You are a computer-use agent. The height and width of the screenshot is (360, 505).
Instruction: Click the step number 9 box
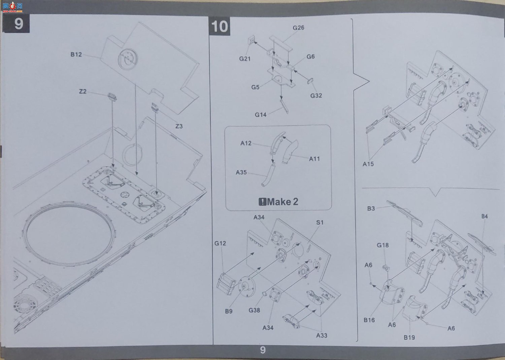pyautogui.click(x=16, y=24)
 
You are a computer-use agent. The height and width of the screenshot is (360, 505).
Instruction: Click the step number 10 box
pyautogui.click(x=220, y=26)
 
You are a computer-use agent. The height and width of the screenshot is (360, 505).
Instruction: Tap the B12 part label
pyautogui.click(x=76, y=55)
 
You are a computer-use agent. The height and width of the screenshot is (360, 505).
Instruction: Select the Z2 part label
pyautogui.click(x=83, y=91)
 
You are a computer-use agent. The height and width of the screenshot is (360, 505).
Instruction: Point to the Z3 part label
pyautogui.click(x=179, y=126)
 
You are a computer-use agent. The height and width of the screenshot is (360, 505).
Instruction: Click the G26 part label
pyautogui.click(x=299, y=28)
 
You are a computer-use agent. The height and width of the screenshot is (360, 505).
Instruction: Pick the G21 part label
pyautogui.click(x=245, y=59)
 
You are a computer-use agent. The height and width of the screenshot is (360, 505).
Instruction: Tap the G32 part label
pyautogui.click(x=316, y=96)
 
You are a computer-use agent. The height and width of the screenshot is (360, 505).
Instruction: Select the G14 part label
pyautogui.click(x=261, y=115)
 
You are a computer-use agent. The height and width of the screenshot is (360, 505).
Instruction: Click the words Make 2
pyautogui.click(x=282, y=202)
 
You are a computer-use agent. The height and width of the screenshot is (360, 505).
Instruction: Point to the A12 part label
pyautogui.click(x=246, y=143)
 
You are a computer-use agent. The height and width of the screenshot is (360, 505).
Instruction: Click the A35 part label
pyautogui.click(x=241, y=172)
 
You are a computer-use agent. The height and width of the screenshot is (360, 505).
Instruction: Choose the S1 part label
pyautogui.click(x=320, y=222)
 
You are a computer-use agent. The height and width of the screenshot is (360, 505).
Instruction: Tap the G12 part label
pyautogui.click(x=220, y=243)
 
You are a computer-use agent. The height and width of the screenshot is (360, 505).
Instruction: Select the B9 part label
pyautogui.click(x=229, y=311)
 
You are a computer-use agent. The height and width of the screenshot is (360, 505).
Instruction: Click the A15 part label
pyautogui.click(x=368, y=164)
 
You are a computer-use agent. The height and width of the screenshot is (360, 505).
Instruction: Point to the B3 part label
pyautogui.click(x=371, y=208)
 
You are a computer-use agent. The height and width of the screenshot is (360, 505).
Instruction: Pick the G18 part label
pyautogui.click(x=383, y=245)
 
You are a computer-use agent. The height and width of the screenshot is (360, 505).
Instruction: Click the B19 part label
pyautogui.click(x=409, y=337)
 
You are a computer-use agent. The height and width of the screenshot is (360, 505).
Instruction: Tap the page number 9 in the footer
pyautogui.click(x=263, y=350)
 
